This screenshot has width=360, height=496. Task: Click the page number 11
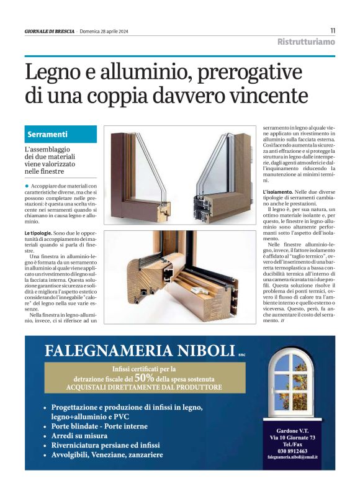click(x=332, y=30)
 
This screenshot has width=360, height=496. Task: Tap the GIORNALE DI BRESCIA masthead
click(x=49, y=32)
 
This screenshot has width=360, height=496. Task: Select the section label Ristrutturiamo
click(x=306, y=42)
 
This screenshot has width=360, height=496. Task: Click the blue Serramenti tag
click(x=48, y=135)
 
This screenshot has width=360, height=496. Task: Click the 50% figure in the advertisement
click(x=144, y=377)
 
